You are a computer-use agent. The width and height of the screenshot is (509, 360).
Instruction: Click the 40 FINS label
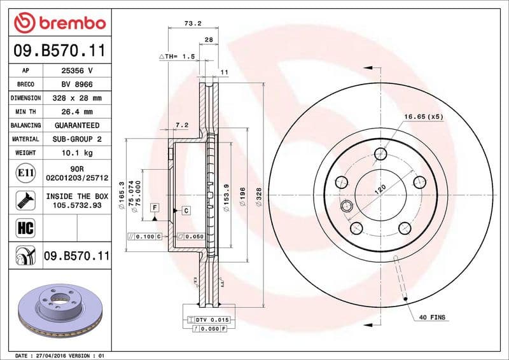click(x=433, y=317)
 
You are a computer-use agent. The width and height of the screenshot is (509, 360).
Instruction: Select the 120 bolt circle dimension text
click(x=381, y=188)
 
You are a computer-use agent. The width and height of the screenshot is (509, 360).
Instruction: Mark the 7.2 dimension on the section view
click(x=182, y=125)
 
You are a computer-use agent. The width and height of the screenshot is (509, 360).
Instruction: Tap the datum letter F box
click(x=155, y=208)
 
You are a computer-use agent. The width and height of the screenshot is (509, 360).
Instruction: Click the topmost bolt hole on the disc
click(x=381, y=154)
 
